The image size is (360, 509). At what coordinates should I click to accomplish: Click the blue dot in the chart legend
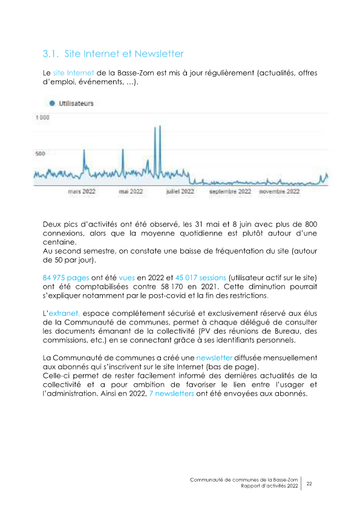coord(44,104)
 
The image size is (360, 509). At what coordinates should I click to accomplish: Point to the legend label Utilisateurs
coord(76,104)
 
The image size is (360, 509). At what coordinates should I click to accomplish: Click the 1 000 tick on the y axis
coord(42,117)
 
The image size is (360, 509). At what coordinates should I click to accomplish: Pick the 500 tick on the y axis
coord(39,154)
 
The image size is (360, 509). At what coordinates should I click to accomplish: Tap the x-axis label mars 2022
coord(82,191)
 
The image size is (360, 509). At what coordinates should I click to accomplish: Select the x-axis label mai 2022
coord(131,191)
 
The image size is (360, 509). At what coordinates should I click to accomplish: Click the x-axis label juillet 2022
coord(180,191)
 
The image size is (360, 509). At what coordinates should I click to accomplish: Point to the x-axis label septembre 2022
coord(230,191)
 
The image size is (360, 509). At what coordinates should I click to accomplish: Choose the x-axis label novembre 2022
coord(280,191)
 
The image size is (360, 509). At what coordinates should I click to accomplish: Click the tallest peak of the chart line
coord(160,126)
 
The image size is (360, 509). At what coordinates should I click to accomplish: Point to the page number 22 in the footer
coord(309,484)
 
